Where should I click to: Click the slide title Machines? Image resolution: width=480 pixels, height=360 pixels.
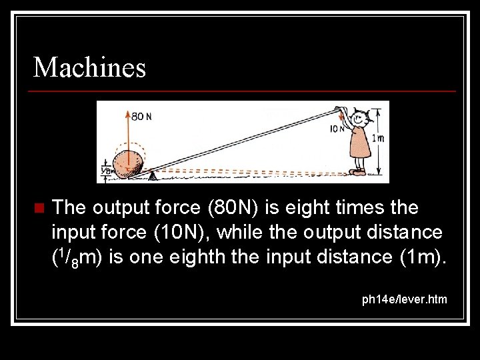[89, 67]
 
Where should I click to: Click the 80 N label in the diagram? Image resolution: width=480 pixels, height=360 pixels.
[141, 116]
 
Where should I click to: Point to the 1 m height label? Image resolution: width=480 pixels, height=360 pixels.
[377, 138]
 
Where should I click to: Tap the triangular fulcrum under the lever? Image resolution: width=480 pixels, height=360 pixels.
[153, 176]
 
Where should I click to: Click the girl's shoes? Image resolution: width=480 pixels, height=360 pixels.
[358, 172]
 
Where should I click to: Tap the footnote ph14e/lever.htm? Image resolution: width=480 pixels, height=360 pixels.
[404, 299]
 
